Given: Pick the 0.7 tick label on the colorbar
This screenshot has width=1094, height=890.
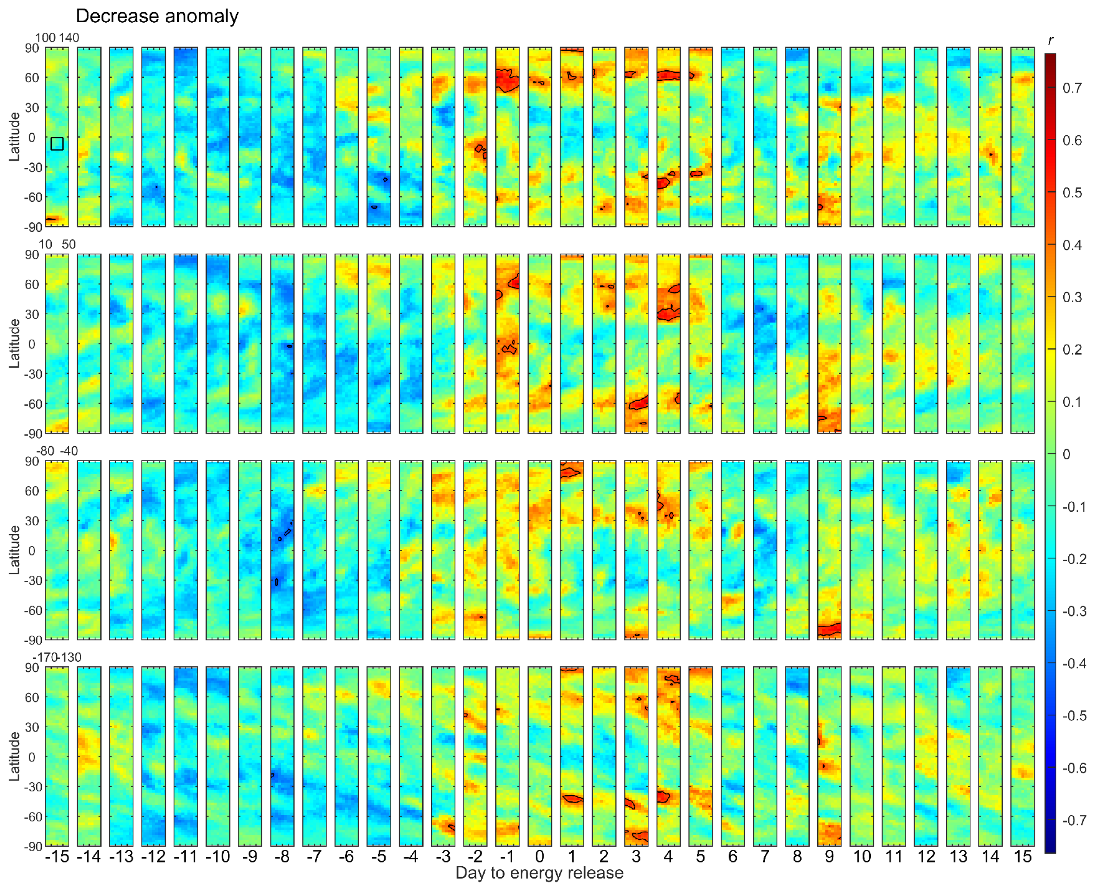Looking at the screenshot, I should [1072, 88].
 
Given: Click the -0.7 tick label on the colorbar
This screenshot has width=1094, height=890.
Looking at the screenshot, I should [1074, 820].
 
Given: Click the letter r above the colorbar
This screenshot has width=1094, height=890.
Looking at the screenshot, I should [1051, 40].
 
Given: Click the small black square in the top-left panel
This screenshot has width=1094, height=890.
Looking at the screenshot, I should [57, 144].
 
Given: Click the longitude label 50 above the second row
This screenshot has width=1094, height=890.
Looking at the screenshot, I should [69, 245].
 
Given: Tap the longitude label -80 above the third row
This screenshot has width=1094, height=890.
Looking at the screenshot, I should [45, 451].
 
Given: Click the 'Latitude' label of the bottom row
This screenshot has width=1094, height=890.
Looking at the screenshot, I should [14, 756].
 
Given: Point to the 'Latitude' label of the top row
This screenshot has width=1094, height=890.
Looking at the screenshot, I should [14, 137].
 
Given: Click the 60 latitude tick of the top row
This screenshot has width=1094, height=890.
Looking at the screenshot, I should [32, 78].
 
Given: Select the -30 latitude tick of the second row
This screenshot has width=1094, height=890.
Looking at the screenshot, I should [32, 374].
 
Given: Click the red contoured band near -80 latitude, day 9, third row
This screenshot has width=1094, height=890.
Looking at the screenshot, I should [829, 629].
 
